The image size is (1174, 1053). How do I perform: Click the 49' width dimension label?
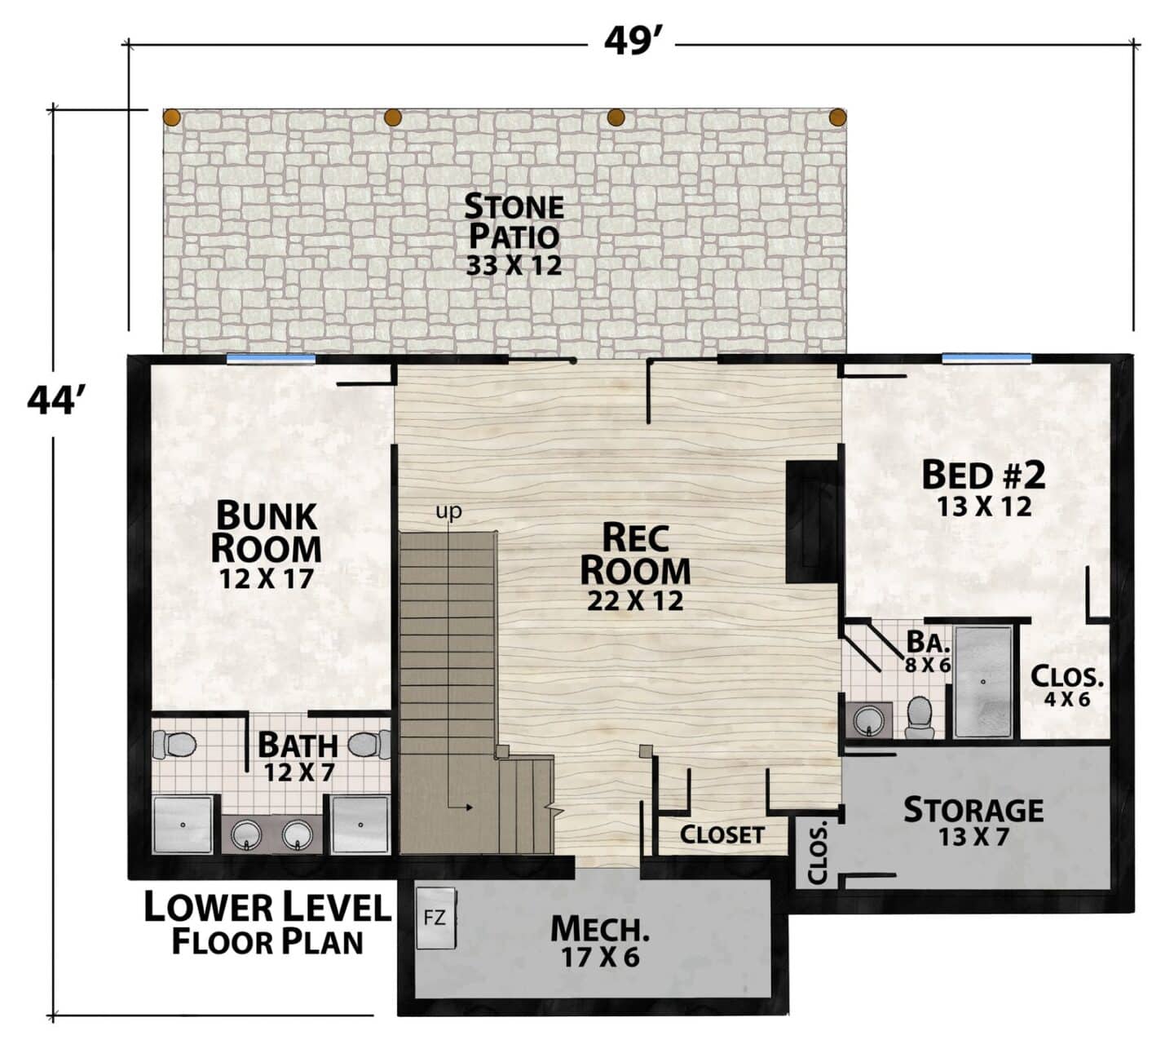[632, 42]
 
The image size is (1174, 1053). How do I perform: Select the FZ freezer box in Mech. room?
[436, 918]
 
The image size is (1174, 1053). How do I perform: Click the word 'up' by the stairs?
[449, 511]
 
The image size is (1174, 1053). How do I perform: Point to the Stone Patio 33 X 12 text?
[514, 235]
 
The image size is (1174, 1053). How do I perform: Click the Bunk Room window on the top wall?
[271, 359]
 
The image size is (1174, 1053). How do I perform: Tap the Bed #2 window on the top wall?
[986, 359]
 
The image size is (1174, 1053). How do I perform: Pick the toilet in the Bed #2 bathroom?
[920, 717]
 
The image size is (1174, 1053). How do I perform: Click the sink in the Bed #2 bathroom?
[867, 719]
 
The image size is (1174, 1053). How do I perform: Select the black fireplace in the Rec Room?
[812, 521]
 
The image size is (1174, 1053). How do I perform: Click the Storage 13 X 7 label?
[973, 821]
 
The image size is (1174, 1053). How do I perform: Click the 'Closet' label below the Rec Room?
[722, 835]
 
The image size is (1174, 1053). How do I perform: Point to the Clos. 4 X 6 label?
[1067, 686]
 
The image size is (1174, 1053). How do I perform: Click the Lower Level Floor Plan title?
[267, 924]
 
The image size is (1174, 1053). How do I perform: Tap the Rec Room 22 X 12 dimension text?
[635, 600]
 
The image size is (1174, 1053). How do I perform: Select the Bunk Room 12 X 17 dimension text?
[267, 578]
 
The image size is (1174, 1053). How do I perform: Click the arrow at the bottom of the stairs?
[461, 807]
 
